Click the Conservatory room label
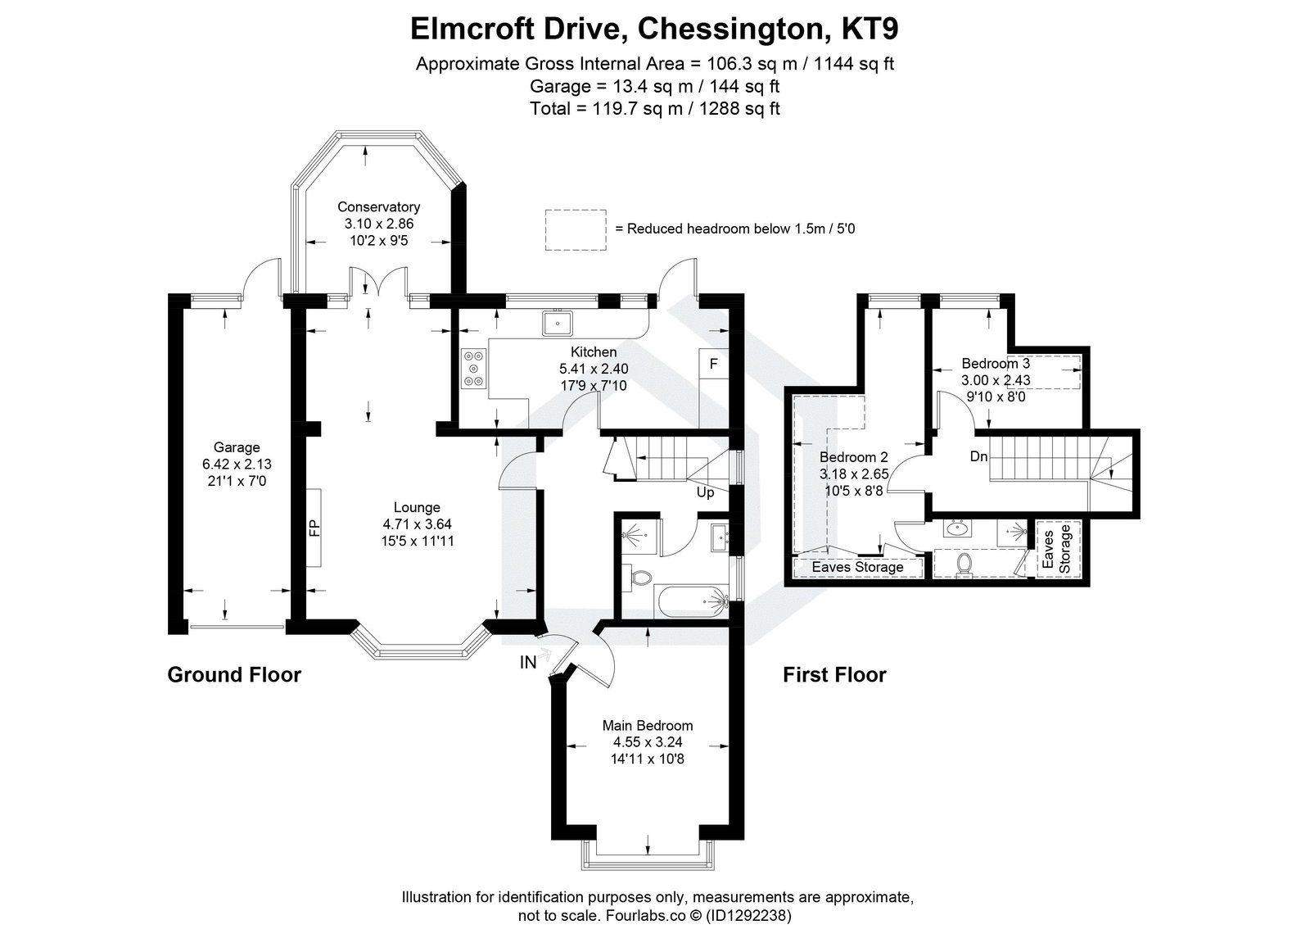coord(378,207)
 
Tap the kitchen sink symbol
coord(557,324)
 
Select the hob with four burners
coord(473,367)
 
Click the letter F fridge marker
coord(713,363)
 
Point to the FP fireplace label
coord(314,528)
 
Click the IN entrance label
coord(528,663)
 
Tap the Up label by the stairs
coord(705,492)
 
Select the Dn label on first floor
coord(978,456)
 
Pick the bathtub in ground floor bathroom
coord(693,601)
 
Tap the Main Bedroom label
coord(647,725)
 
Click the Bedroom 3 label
coord(996,363)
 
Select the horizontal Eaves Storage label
coord(857,567)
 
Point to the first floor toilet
coord(964,563)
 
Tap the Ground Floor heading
coord(234,675)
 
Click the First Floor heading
coord(834,675)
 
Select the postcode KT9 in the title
coord(871,29)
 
